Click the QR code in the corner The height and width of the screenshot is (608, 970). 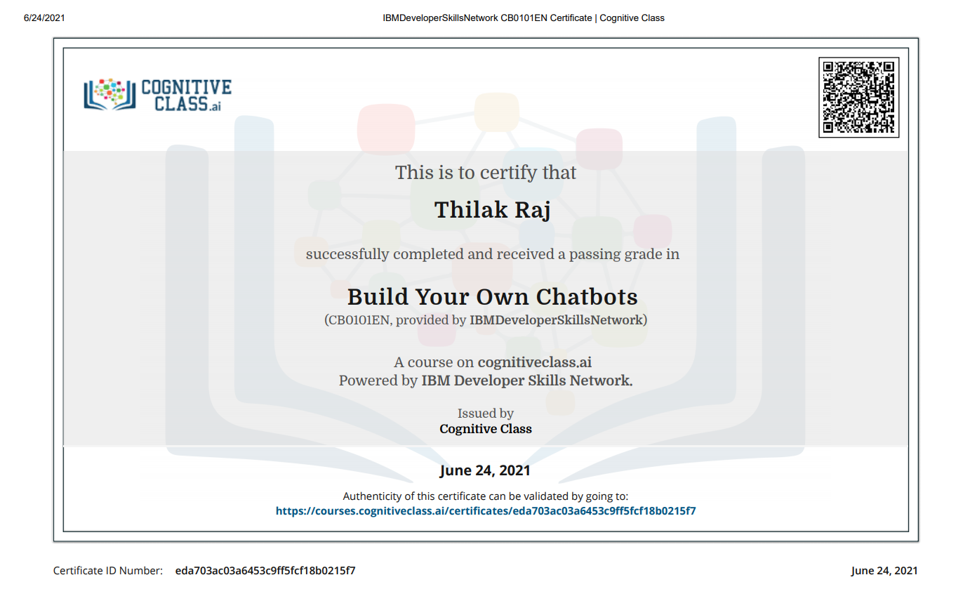point(858,98)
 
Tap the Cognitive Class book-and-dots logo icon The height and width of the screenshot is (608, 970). point(109,94)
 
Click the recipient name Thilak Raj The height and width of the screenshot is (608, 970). point(492,210)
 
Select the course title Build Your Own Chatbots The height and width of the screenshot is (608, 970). point(492,297)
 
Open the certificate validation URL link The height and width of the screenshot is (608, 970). point(486,511)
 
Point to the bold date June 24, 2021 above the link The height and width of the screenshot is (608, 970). point(485,470)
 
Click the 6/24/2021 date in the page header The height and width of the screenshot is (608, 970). point(44,18)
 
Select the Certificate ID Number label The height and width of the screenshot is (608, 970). point(108,571)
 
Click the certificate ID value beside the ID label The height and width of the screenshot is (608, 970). point(265,571)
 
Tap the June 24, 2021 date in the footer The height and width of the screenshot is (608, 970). point(884,571)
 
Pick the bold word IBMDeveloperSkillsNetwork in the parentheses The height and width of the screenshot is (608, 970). point(556,320)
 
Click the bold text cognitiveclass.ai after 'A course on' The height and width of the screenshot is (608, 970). point(534,362)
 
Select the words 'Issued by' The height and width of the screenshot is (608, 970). point(486,414)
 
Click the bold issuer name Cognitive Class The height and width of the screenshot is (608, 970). point(486,429)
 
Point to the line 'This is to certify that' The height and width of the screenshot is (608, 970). point(486,173)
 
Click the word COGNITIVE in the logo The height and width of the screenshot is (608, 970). point(186,87)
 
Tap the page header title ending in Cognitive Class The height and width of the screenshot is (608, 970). point(524,18)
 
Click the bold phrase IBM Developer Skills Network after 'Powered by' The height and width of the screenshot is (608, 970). point(527,381)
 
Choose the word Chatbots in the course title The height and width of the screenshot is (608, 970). point(587,297)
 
